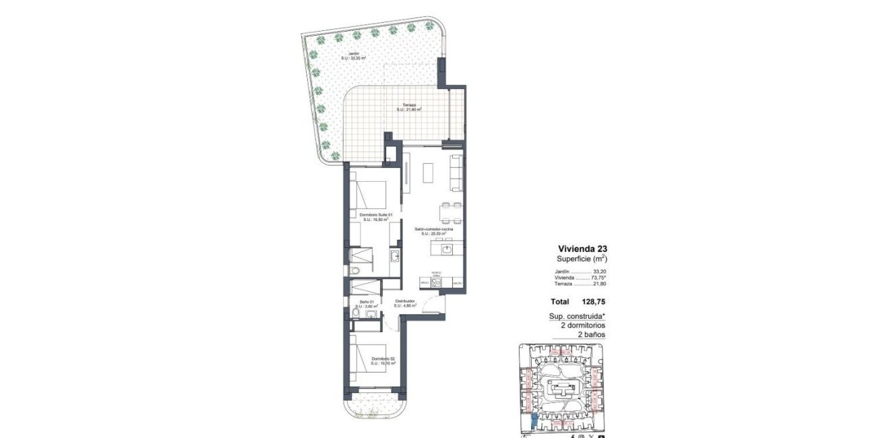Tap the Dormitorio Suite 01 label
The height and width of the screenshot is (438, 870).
click(x=374, y=215)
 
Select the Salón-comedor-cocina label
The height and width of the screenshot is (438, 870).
click(x=434, y=230)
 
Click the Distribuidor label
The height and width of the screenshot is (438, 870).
click(x=404, y=301)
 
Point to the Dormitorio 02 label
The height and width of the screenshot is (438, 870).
click(x=382, y=358)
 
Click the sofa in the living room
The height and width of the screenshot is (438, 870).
click(x=456, y=172)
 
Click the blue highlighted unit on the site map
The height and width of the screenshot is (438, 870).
click(x=532, y=422)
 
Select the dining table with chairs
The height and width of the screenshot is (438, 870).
click(x=451, y=212)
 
